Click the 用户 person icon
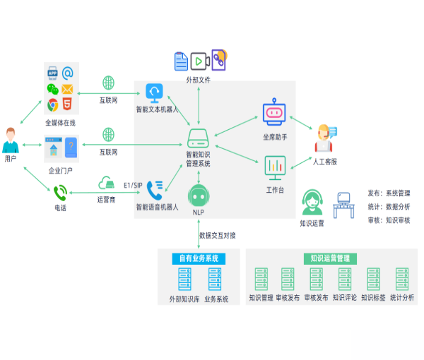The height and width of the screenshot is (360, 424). (x=10, y=140)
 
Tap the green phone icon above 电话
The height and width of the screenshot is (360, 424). (x=60, y=191)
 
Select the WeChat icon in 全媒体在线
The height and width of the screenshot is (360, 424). (x=52, y=90)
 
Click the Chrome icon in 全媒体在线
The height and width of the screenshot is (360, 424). (x=52, y=105)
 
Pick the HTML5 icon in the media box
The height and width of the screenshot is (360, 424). (x=68, y=105)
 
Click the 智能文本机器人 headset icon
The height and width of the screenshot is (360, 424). (x=155, y=92)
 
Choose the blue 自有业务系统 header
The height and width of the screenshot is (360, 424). (x=199, y=258)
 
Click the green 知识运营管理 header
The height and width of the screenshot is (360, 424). (x=330, y=258)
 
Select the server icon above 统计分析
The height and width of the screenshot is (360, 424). (x=404, y=279)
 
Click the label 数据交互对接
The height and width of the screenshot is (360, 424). (x=218, y=235)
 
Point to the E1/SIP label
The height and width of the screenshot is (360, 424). (x=134, y=185)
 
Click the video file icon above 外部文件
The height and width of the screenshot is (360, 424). (x=199, y=61)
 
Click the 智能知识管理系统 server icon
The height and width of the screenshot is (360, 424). (x=198, y=136)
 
